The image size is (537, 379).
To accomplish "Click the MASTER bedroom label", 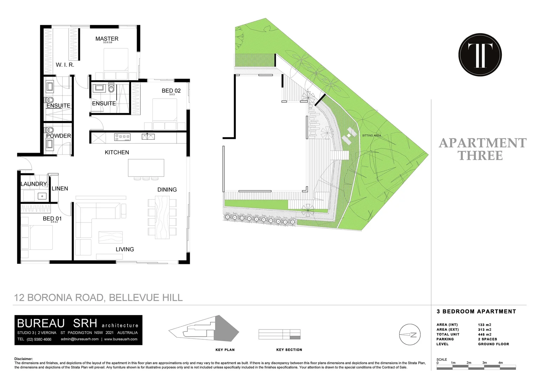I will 107,39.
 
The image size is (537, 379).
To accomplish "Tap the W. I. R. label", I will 65,65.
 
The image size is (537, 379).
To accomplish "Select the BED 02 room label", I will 171,91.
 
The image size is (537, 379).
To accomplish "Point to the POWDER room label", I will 58,136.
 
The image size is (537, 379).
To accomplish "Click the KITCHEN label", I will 117,152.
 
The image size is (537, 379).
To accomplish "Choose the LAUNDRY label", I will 34,184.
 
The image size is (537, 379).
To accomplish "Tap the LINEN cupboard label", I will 60,188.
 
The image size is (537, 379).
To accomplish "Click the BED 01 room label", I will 52,219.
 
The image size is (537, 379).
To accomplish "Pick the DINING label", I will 167,189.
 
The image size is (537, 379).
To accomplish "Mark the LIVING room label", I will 125,249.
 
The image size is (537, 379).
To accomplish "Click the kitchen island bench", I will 146,168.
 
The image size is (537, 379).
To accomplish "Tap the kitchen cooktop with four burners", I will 122,137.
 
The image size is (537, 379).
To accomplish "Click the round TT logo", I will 480,55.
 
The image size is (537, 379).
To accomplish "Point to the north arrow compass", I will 410,335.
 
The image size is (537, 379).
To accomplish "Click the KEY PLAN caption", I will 225,350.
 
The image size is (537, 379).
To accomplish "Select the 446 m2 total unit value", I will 485,334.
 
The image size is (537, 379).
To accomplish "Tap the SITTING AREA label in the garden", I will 371,135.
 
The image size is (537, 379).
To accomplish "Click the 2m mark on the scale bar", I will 469,363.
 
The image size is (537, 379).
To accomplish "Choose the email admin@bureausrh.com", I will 80,339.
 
